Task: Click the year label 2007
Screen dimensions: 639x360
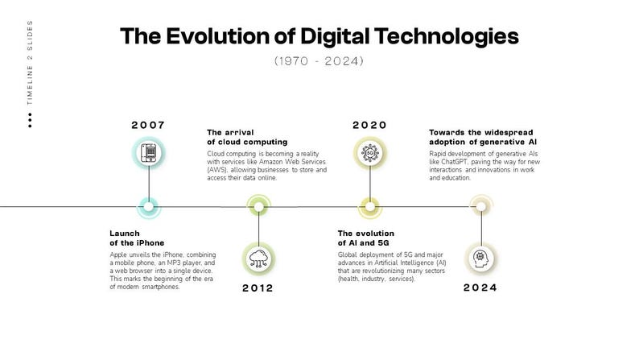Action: click(148, 125)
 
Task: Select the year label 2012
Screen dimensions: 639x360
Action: click(258, 288)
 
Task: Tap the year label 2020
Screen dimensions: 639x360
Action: click(369, 125)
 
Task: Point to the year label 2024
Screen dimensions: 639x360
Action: click(480, 288)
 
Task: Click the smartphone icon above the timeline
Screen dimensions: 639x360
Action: click(149, 153)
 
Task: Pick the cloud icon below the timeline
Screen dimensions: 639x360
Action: click(259, 259)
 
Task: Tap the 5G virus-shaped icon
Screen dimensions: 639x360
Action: click(370, 153)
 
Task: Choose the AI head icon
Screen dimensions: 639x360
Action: click(481, 259)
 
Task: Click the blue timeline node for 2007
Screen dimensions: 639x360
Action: click(149, 207)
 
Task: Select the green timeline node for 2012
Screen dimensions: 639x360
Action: click(259, 207)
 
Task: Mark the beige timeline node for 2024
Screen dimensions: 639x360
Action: click(481, 207)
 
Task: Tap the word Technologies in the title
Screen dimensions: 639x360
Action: click(446, 37)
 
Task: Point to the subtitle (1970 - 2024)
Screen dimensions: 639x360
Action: click(319, 61)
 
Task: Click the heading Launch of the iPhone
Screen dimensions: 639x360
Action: click(137, 238)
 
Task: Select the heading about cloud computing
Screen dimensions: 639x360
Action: click(247, 138)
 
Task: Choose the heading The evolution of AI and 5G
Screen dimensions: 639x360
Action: click(366, 238)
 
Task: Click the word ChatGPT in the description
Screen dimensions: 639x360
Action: click(454, 162)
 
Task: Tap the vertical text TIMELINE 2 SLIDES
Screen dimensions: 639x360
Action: click(30, 63)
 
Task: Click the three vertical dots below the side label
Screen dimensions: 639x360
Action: click(30, 121)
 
